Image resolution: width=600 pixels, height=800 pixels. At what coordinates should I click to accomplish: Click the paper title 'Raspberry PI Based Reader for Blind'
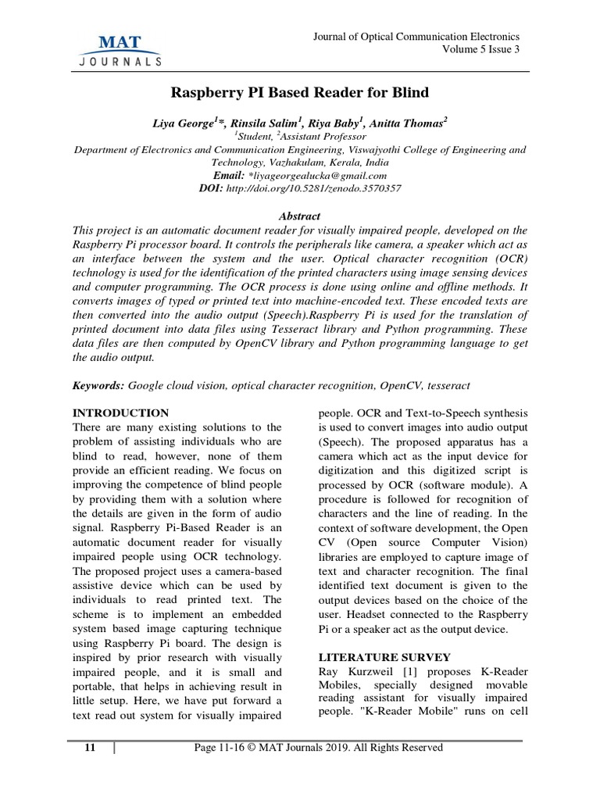pyautogui.click(x=300, y=93)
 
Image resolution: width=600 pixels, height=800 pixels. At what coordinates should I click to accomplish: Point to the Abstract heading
pyautogui.click(x=299, y=216)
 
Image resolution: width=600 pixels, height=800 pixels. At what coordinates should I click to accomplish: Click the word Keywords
pyautogui.click(x=98, y=386)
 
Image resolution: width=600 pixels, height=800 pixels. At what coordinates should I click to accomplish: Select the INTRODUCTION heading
pyautogui.click(x=120, y=412)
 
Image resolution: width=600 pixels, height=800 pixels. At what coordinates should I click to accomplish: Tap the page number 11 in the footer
pyautogui.click(x=90, y=748)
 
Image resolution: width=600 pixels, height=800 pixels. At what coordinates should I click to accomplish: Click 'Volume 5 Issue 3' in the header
pyautogui.click(x=480, y=50)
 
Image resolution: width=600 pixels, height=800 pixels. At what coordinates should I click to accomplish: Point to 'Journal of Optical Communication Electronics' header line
pyautogui.click(x=416, y=37)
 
